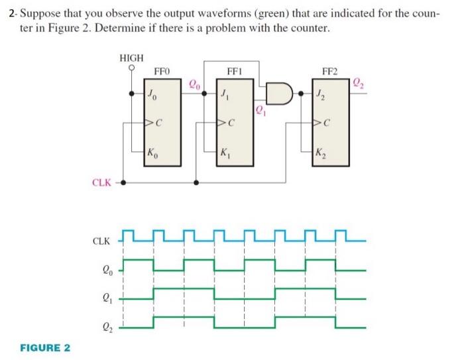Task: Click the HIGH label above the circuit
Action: [131, 58]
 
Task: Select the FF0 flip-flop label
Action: [162, 70]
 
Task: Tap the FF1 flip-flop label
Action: [236, 70]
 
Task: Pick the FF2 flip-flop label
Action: [329, 70]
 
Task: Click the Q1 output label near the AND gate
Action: [259, 108]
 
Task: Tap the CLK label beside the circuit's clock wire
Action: [103, 181]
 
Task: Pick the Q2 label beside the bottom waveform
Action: [107, 326]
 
